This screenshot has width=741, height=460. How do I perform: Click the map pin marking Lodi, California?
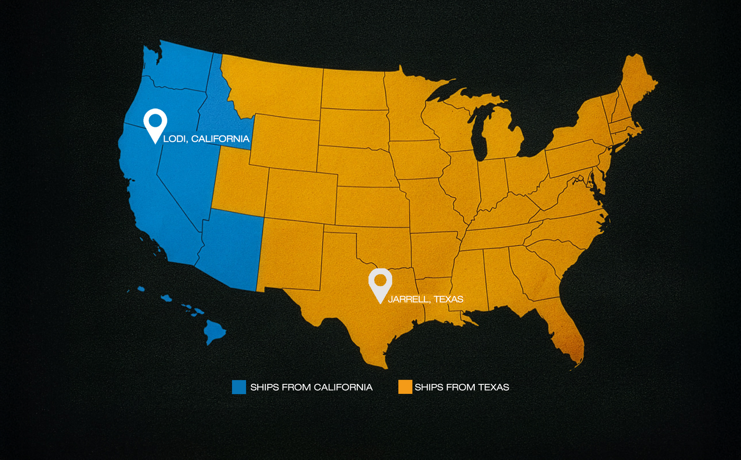point(155,123)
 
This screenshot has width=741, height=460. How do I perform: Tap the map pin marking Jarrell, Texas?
point(380,282)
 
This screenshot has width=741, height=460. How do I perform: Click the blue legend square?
point(239,387)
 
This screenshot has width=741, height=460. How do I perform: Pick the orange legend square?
point(405,387)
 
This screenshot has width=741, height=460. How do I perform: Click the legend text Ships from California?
point(311,388)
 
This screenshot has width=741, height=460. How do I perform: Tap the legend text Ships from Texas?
point(462,388)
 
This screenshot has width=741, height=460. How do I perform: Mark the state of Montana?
point(275,85)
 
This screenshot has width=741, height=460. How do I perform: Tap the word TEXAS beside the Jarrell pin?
point(448,299)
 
